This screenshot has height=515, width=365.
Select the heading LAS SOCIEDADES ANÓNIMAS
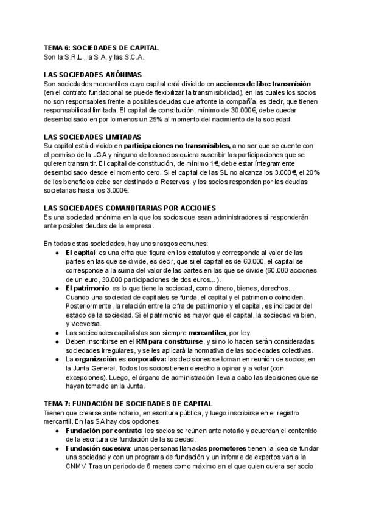click(92, 73)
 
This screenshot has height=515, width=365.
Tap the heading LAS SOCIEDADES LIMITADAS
click(92, 137)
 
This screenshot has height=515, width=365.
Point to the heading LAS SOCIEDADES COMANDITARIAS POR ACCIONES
click(130, 208)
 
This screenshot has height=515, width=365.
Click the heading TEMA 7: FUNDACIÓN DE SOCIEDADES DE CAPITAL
click(128, 403)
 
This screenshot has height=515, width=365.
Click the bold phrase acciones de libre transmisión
click(263, 83)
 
